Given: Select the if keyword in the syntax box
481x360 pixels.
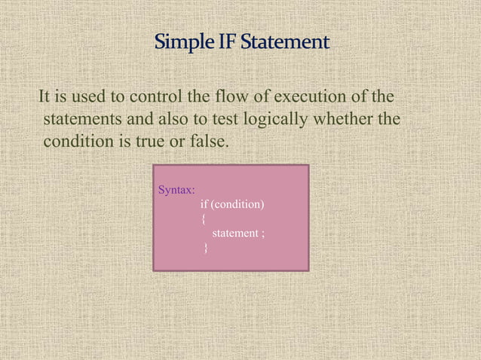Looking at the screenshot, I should pos(204,204).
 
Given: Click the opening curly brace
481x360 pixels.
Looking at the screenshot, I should pos(203,219).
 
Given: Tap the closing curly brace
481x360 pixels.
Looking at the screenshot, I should pos(207,249).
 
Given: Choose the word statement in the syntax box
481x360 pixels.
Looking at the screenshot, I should pos(234,233).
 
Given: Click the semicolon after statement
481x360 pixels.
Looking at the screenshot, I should pos(262,234).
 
